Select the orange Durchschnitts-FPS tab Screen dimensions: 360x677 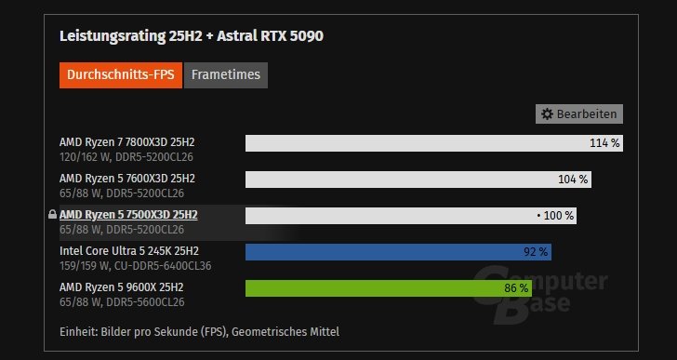pos(120,75)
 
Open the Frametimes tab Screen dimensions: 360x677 pos(226,75)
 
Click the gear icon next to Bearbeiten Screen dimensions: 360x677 pos(548,113)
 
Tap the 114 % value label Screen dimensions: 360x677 pos(604,143)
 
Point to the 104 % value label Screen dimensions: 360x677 pos(573,179)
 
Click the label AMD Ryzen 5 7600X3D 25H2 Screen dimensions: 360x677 pos(127,178)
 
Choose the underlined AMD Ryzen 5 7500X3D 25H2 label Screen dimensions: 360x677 pos(128,214)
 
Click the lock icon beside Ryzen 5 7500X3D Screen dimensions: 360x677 pos(52,215)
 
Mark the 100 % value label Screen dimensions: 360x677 pos(556,215)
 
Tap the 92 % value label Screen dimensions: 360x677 pos(537,251)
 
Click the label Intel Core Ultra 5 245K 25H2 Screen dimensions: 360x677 pos(129,250)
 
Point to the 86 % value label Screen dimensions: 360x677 pos(516,287)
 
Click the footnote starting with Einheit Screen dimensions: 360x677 pos(199,331)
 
